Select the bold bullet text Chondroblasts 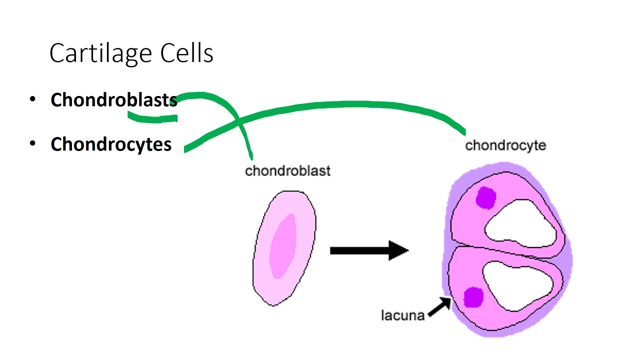click(114, 100)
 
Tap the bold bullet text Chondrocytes click(111, 144)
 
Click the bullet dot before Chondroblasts click(33, 99)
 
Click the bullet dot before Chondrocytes click(33, 144)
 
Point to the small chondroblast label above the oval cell click(287, 171)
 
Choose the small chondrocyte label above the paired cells click(505, 145)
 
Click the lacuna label click(402, 315)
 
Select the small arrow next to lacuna click(439, 306)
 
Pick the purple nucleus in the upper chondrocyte click(485, 197)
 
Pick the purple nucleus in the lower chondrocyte click(473, 297)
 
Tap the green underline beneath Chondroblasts click(152, 118)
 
